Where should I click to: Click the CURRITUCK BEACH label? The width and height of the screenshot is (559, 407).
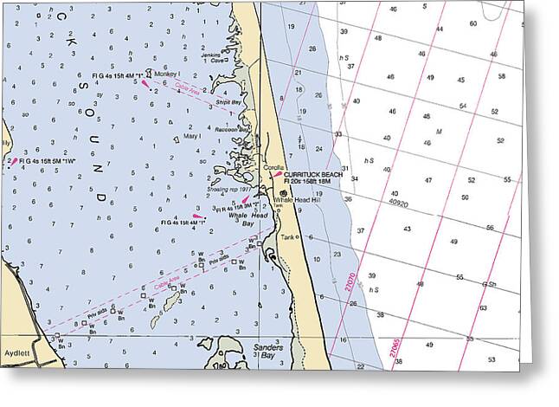click(x=314, y=174)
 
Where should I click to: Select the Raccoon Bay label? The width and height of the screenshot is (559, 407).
click(x=231, y=129)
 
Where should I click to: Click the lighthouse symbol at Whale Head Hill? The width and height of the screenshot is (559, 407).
click(x=282, y=181)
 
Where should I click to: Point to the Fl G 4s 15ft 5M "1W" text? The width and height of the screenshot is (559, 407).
click(x=51, y=160)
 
